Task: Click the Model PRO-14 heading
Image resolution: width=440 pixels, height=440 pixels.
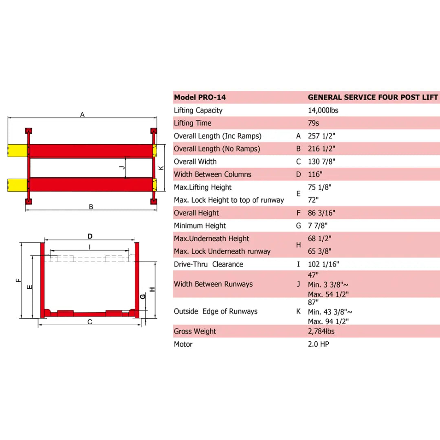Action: [x=200, y=97]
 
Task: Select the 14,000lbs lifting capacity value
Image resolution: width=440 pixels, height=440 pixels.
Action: [x=323, y=110]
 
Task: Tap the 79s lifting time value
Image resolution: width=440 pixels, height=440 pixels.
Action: [x=314, y=123]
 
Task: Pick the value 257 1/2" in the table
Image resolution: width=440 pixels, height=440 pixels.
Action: [x=322, y=136]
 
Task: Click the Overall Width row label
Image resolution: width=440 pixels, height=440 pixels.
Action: [x=195, y=162]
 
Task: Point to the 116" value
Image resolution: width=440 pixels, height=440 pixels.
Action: [x=315, y=174]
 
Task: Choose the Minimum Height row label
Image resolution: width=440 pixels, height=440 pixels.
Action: [x=200, y=226]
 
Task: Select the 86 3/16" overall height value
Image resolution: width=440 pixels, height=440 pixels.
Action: [x=322, y=213]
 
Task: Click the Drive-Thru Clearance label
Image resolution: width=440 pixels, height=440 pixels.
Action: [x=208, y=264]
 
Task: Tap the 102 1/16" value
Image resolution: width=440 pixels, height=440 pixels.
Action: [x=323, y=264]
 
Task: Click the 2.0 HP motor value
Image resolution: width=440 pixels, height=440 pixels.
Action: [x=319, y=344]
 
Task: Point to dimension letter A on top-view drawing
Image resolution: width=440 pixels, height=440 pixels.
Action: [x=82, y=115]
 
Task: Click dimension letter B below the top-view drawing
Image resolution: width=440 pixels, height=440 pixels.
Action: [x=91, y=207]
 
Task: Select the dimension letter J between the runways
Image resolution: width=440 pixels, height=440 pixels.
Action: [x=121, y=168]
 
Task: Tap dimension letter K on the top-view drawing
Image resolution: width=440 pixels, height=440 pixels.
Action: [x=161, y=168]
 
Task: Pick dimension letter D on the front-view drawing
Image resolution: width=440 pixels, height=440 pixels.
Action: [x=90, y=236]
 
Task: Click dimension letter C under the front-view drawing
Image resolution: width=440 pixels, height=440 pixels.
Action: [x=90, y=322]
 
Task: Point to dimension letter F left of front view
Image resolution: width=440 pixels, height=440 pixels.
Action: [x=18, y=280]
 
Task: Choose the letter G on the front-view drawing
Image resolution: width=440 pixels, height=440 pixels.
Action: [x=143, y=297]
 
